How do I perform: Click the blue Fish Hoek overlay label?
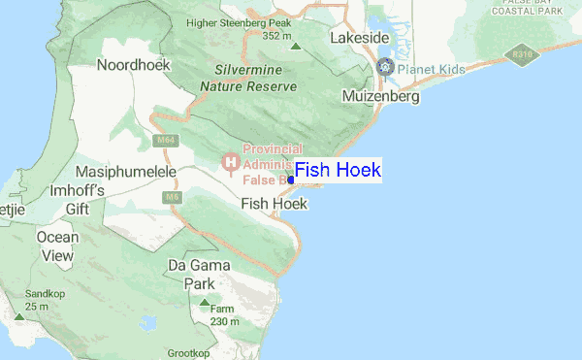338,171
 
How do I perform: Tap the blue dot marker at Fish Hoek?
291,180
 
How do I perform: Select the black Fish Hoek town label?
274,204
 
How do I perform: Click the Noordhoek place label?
134,65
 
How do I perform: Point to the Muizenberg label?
381,97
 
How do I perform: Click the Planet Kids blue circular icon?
385,66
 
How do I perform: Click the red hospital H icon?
231,161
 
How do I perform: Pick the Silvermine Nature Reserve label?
247,79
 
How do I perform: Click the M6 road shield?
173,197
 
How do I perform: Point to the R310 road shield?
525,55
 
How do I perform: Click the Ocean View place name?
57,246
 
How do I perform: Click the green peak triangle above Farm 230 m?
204,304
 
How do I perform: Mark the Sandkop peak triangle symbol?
18,317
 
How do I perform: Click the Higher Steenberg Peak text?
239,22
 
